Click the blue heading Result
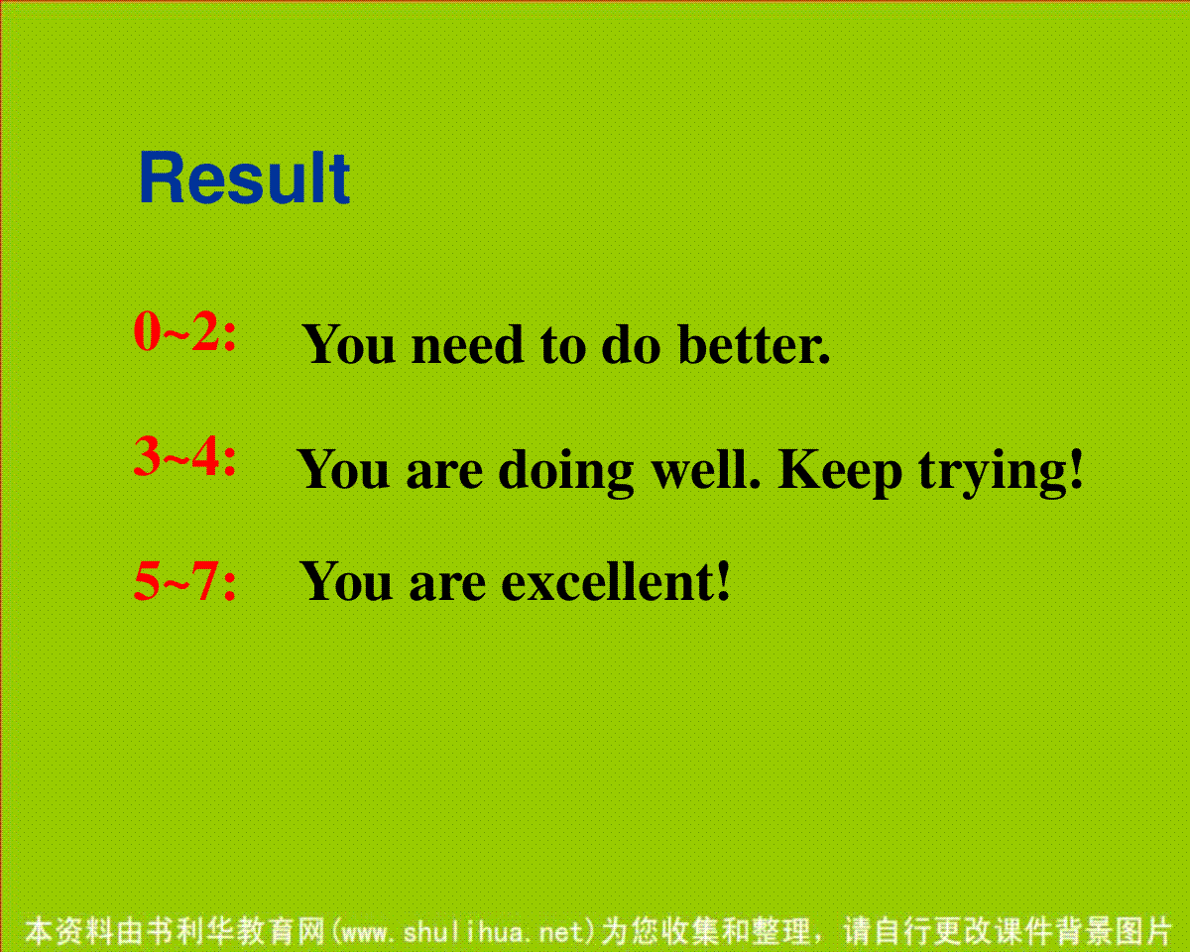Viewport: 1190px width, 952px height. tap(244, 178)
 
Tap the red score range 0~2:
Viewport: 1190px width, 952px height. tap(185, 330)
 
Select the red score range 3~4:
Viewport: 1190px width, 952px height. tap(185, 456)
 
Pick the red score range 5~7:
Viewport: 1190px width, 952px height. tap(185, 580)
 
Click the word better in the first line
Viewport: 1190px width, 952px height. tap(754, 344)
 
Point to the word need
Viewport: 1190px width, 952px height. tap(467, 345)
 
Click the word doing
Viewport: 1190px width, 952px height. tap(566, 472)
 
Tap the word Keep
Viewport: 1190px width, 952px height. tap(840, 472)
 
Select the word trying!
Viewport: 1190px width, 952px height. tap(1001, 472)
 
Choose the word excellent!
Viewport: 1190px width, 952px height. tap(616, 581)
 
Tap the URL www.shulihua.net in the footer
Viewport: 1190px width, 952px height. tap(463, 932)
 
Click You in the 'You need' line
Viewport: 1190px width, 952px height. tap(348, 344)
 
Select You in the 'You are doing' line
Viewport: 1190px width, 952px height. tap(343, 469)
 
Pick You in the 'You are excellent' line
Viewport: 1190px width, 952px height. tap(346, 581)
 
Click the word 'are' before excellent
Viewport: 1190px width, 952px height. tap(447, 585)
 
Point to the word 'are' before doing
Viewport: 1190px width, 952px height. tap(444, 475)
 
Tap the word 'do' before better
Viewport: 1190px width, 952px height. tap(631, 344)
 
